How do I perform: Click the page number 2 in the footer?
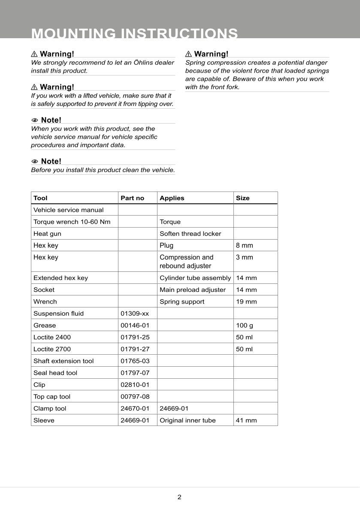click(x=179, y=497)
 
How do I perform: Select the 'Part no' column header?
click(x=132, y=198)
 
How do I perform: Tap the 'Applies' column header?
click(x=172, y=198)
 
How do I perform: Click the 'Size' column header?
click(x=242, y=198)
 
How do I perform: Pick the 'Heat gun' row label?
click(x=47, y=234)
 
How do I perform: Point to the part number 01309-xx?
click(x=135, y=313)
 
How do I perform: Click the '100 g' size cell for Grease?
click(x=245, y=325)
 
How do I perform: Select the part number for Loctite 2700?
click(x=135, y=349)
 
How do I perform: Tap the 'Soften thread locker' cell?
click(x=190, y=234)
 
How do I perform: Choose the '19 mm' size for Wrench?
click(x=246, y=301)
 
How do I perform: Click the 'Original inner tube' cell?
click(x=188, y=420)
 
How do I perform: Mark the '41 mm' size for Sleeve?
click(x=246, y=420)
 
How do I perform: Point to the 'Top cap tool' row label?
click(x=52, y=397)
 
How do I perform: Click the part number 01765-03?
click(x=135, y=361)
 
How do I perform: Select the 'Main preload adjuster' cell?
click(x=192, y=290)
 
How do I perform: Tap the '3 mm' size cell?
click(x=245, y=257)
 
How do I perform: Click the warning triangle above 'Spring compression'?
click(x=188, y=54)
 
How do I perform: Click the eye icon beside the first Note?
click(x=35, y=120)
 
